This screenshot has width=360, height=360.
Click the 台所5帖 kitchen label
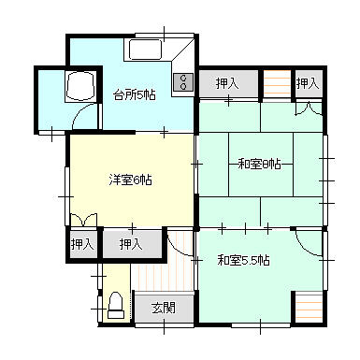pos(134,94)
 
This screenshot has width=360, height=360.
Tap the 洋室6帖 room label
pos(131,180)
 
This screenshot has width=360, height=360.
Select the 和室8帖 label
pos(259,164)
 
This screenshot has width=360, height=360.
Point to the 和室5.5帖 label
pos(243,260)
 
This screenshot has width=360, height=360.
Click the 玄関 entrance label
pos(164,308)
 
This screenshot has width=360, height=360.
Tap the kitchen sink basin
pos(145,50)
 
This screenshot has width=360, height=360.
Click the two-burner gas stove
pos(182,81)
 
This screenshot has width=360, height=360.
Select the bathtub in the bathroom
pos(79,85)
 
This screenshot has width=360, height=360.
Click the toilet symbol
pos(116,305)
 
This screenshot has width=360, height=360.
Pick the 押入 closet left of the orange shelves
pos(228,83)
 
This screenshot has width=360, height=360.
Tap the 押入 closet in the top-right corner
pos(308,83)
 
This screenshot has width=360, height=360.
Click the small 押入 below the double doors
pos(82,244)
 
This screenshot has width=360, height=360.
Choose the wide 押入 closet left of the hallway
pos(132,244)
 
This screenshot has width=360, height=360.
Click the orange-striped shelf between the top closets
pos(277,83)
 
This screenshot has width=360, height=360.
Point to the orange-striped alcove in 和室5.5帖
pos(309,308)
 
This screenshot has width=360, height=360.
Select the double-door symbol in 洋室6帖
pos(83,220)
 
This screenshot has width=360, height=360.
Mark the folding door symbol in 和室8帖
pos(309,109)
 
